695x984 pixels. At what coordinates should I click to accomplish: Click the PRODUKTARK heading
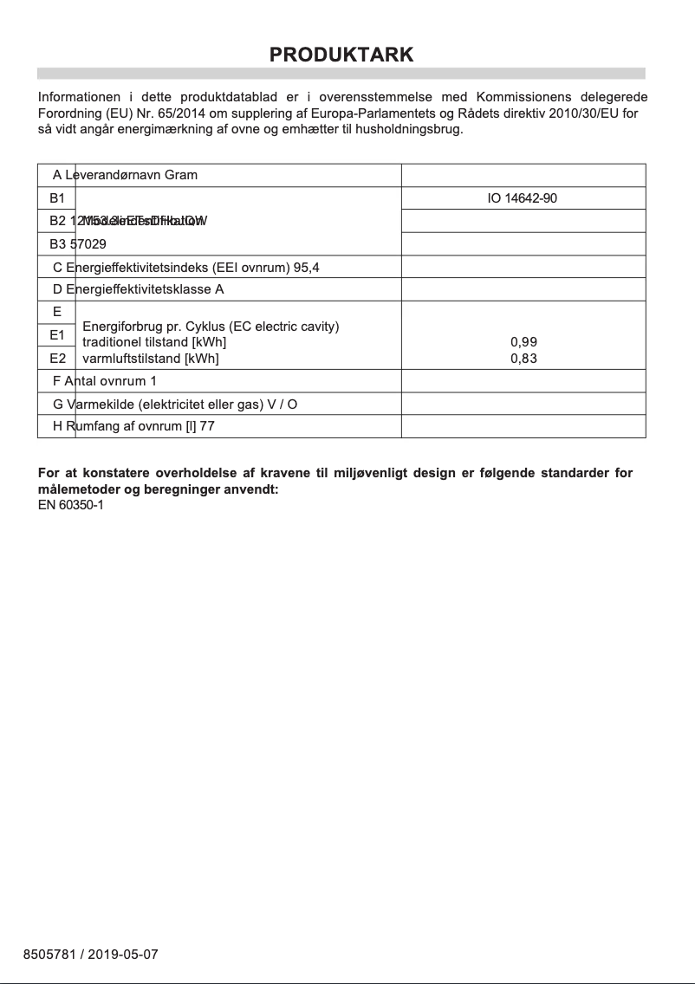coord(341,55)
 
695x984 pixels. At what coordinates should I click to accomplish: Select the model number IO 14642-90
coord(523,198)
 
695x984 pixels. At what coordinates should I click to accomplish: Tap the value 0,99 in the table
coord(523,342)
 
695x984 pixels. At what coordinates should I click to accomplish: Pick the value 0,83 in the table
coord(523,358)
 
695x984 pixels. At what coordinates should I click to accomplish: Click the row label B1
coord(57,198)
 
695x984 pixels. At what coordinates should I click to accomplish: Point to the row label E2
coord(57,357)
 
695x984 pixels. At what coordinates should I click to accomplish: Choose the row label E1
coord(57,334)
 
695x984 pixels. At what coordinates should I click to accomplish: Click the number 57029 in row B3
coord(88,244)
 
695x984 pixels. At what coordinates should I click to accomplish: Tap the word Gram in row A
coord(181,175)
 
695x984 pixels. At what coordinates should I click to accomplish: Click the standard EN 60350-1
coord(70,505)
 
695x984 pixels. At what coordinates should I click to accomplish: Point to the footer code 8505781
coord(49,955)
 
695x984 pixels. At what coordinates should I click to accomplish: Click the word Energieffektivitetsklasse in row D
coord(140,289)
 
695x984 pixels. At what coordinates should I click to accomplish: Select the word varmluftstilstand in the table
coord(137,358)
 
